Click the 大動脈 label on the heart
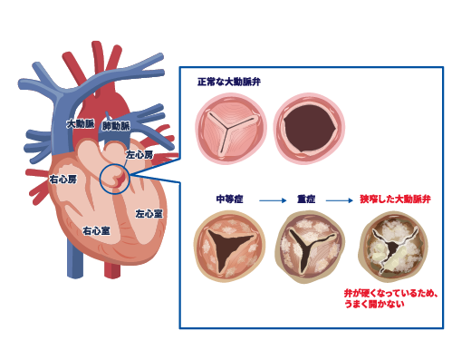tap(81, 124)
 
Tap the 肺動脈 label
tap(116, 126)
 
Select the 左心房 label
tap(139, 155)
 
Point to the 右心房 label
tap(63, 180)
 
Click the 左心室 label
tap(149, 214)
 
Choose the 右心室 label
tap(97, 231)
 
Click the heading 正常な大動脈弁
tap(229, 82)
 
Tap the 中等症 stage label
tap(229, 199)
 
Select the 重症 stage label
tap(306, 199)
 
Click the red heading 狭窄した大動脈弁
tap(395, 199)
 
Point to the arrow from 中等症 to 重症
tap(273, 200)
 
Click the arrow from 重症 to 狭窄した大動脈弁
tap(340, 200)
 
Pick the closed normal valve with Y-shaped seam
tap(231, 129)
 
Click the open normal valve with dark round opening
tap(309, 129)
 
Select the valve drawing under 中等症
tap(230, 247)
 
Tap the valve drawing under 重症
tap(310, 247)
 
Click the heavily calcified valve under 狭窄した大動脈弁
tap(394, 248)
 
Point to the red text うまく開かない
tap(374, 304)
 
